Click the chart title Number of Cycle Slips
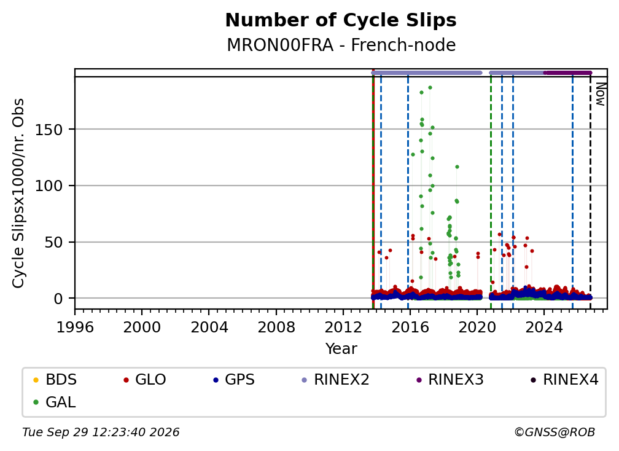341,20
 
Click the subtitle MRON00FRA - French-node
341,45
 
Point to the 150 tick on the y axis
49,130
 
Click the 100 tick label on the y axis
49,186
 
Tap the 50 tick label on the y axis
53,243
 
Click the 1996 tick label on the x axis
75,327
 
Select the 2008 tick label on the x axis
276,327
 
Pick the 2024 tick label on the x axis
544,327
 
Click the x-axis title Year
341,349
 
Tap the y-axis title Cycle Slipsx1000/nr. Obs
18,193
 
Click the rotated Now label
601,94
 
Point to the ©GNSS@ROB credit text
555,433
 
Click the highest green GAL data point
430,88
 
